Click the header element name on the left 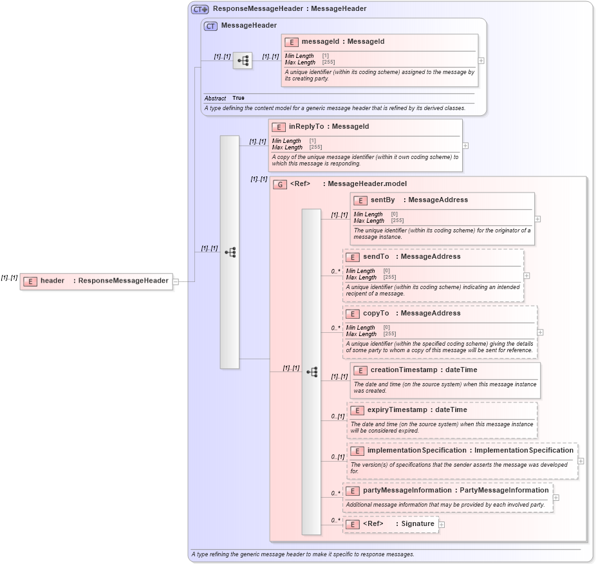coord(53,281)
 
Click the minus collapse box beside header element coord(176,281)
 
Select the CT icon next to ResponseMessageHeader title coord(200,9)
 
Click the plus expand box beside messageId coord(481,61)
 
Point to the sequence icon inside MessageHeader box coord(243,61)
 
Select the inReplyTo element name coord(306,127)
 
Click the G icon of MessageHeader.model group coord(280,184)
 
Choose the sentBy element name coord(382,200)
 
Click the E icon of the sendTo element coord(352,257)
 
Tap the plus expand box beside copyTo coord(540,332)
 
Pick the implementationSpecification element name coord(416,451)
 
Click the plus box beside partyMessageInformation coord(556,497)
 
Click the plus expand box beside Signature coord(442,525)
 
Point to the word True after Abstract coord(238,99)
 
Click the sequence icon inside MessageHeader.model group coord(312,372)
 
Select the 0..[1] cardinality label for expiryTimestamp coord(338,417)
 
